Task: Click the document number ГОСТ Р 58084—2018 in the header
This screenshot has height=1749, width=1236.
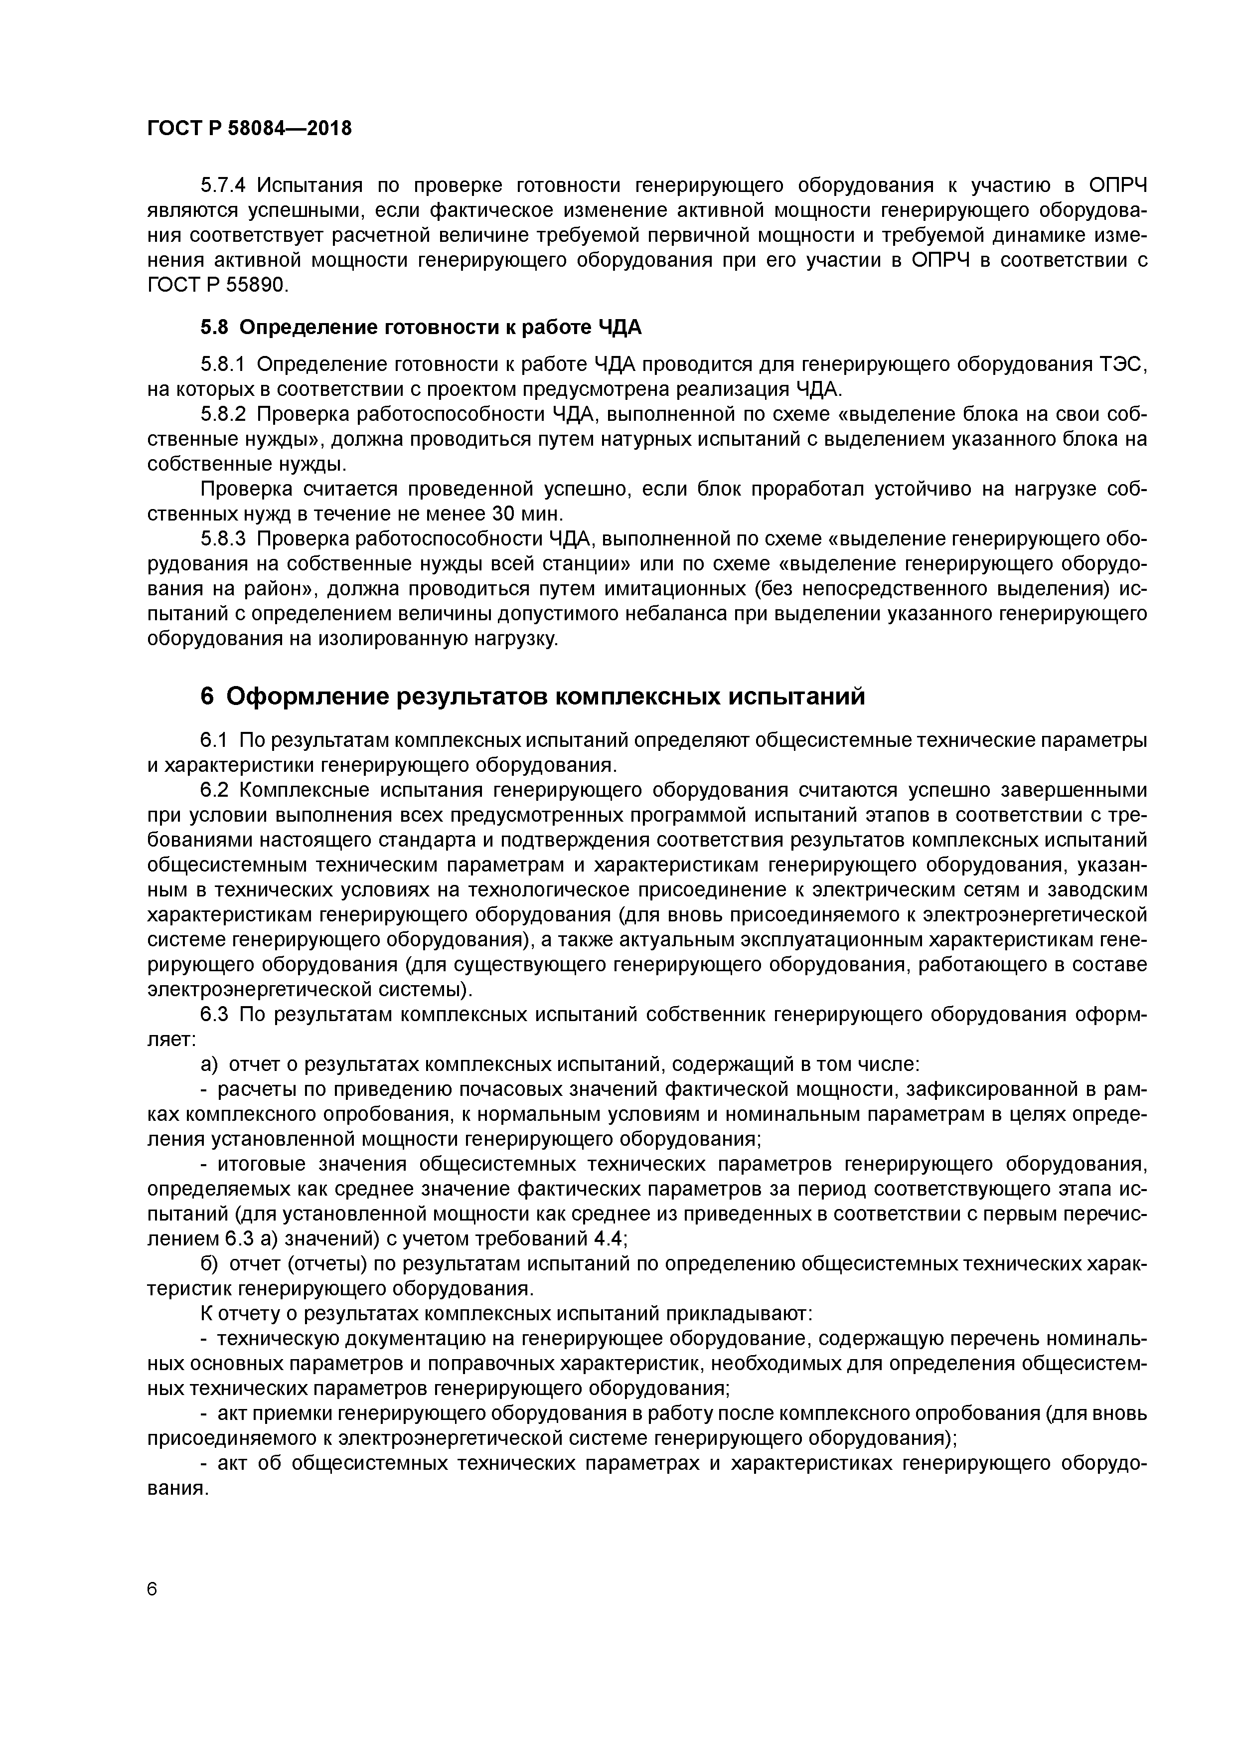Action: pos(249,129)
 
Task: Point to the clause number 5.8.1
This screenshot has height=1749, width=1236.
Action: pos(223,365)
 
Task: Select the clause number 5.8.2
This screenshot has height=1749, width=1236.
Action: pos(223,414)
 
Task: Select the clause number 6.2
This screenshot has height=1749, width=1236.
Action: pos(214,790)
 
